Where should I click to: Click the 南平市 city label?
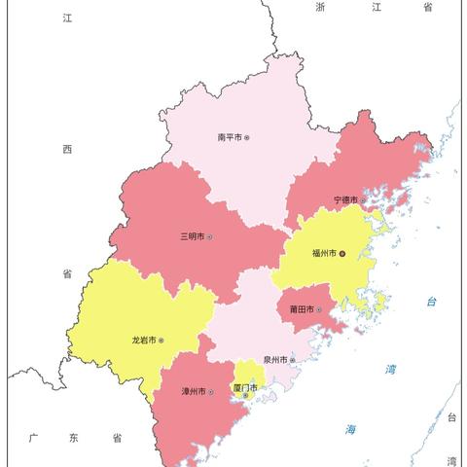(230, 138)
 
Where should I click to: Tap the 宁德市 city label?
(346, 200)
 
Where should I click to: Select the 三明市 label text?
(192, 236)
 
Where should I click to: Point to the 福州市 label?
(324, 253)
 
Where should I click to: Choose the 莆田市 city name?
(302, 309)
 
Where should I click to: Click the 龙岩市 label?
(144, 341)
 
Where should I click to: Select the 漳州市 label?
(194, 392)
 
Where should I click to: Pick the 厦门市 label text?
(245, 386)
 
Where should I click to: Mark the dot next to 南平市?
(247, 138)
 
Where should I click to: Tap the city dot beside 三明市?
(209, 236)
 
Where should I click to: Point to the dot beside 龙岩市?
(162, 341)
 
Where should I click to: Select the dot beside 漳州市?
(211, 392)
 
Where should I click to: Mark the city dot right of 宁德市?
(364, 200)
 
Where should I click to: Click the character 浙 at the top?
(320, 8)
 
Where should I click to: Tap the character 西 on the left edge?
(67, 149)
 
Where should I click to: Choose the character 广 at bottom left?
(32, 438)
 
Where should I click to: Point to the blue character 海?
(350, 429)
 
